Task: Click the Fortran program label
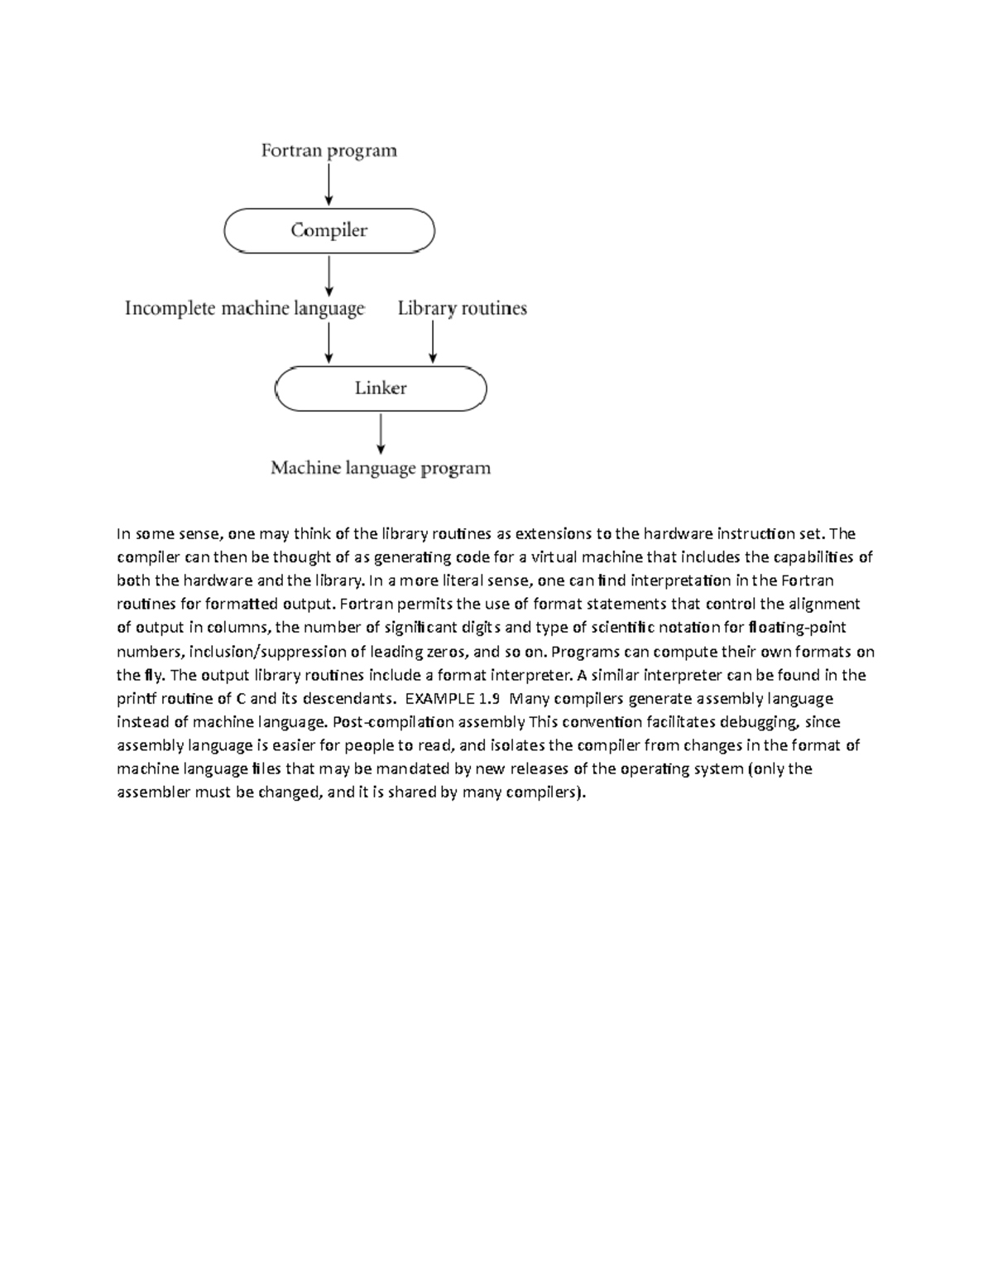click(x=329, y=151)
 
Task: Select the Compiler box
click(x=329, y=230)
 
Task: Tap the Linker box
click(x=381, y=388)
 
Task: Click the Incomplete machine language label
click(x=244, y=309)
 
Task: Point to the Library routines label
click(x=462, y=309)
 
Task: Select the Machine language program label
click(x=381, y=469)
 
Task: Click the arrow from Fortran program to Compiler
click(x=329, y=184)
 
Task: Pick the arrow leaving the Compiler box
click(x=329, y=275)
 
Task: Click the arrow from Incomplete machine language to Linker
click(x=329, y=342)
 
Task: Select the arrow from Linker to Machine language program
click(x=381, y=434)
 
